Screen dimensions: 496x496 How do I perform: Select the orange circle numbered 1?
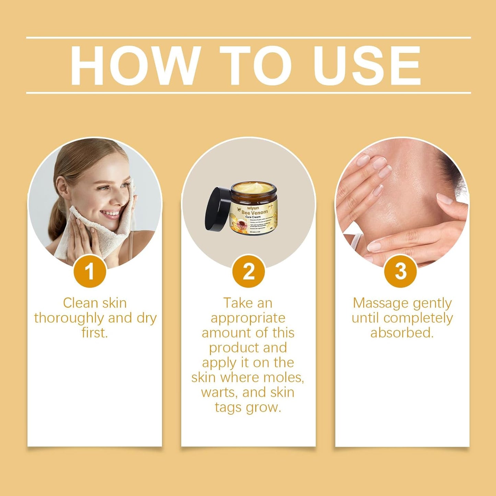pos(90,271)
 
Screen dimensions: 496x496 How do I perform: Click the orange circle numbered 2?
pos(249,271)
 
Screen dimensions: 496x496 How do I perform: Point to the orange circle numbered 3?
pos(400,271)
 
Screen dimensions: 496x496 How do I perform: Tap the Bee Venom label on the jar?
pos(254,212)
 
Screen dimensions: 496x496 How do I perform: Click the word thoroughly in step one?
pos(69,318)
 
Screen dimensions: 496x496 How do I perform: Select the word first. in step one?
pos(95,333)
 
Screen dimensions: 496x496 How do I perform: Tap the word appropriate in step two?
pos(248,318)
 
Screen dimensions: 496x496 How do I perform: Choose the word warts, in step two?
pos(219,392)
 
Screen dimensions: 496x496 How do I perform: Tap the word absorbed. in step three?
pos(402,333)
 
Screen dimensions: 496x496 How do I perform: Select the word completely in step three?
pos(418,318)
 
